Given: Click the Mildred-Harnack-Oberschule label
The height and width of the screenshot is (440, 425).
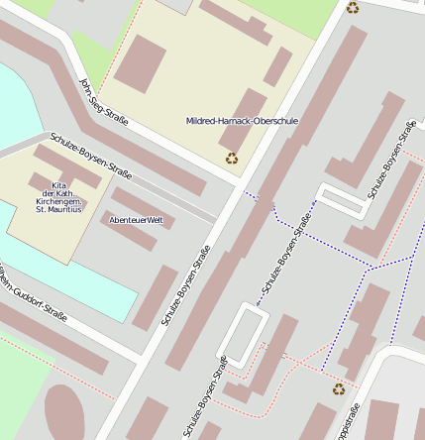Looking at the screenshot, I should coord(242,120).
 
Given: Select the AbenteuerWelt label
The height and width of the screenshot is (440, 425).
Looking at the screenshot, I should coord(136,219).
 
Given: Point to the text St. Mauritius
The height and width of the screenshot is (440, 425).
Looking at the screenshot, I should coord(58,210).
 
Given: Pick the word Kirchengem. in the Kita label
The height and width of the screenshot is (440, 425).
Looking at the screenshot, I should coord(58,201).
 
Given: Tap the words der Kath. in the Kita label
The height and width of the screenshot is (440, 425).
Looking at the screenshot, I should coord(58,192).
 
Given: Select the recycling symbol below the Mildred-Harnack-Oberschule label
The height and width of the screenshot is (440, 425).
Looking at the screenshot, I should coord(232,158).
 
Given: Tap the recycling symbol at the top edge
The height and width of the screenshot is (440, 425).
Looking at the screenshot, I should coord(353,8).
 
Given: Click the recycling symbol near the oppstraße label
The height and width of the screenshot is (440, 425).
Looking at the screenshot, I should coord(339,389).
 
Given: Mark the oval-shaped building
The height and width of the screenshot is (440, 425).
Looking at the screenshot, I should coord(66,413).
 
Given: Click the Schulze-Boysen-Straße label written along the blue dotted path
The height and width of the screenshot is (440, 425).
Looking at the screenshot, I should coord(287,261).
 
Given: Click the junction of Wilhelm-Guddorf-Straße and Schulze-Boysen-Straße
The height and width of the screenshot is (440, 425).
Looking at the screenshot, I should coord(139,359).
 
